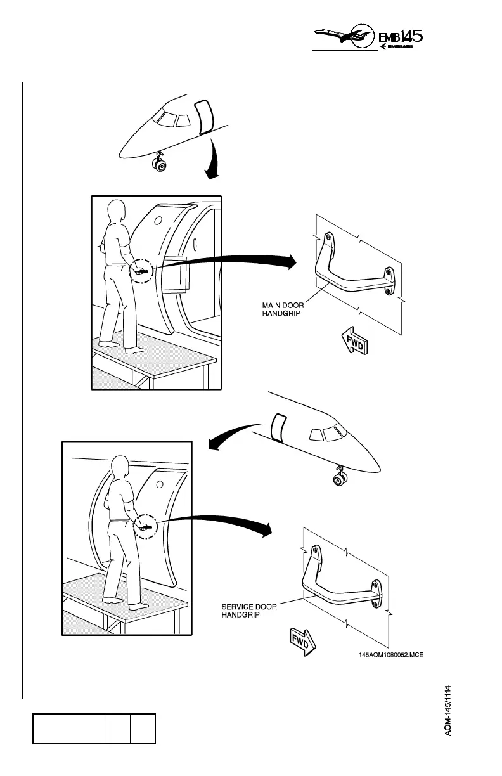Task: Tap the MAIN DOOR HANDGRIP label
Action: coord(283,309)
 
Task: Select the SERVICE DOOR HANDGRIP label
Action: coord(248,611)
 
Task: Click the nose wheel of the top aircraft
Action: coord(160,167)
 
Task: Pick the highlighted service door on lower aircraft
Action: coord(278,427)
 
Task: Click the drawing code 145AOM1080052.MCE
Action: coord(390,656)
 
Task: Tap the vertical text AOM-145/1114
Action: coord(448,710)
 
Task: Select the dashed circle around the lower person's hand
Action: coord(147,526)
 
